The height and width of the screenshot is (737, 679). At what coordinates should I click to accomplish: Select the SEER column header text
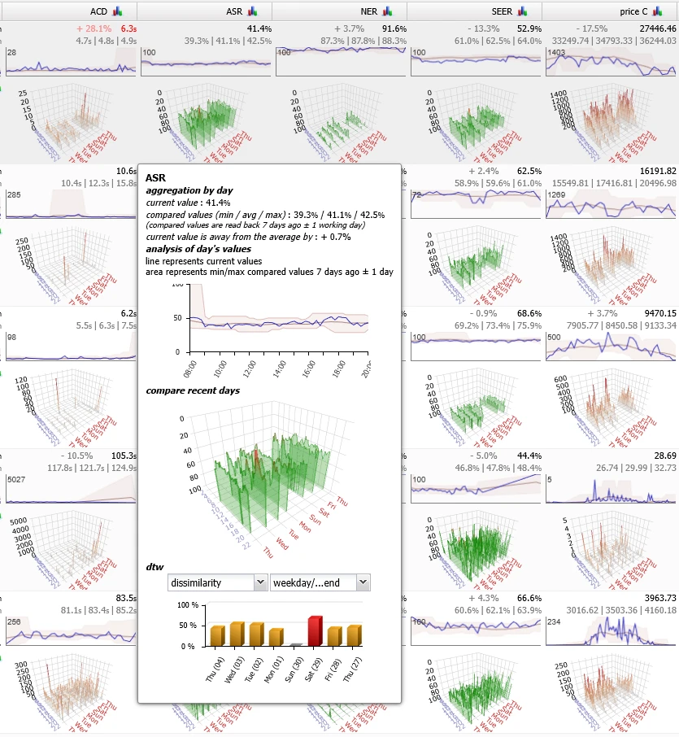coord(502,11)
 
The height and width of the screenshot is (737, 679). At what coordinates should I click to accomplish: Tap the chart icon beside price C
coord(659,11)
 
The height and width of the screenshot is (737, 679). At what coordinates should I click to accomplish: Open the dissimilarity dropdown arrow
coord(259,582)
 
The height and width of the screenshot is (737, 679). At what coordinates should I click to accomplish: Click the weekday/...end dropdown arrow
coord(363,582)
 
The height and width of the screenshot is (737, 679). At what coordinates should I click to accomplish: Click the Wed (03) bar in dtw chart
coord(237,634)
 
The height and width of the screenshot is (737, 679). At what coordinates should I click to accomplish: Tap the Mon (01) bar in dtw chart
coord(276,637)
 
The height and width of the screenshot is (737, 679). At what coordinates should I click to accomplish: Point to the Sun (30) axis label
coord(296,669)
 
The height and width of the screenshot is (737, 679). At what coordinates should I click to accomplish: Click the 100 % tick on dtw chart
coord(189,605)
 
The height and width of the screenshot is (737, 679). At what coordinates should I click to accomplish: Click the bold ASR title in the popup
coord(155,177)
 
